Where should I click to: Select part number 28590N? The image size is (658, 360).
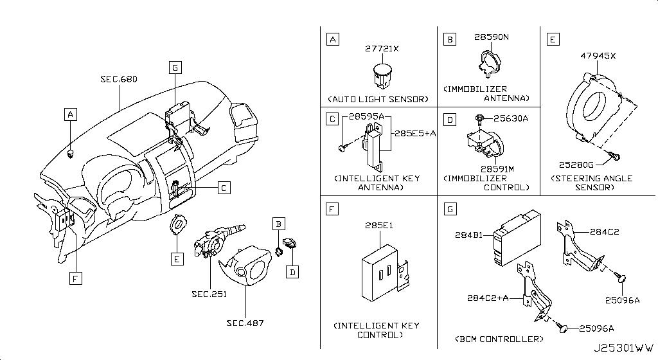[x=491, y=38]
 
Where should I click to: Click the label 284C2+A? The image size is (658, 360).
[x=489, y=298]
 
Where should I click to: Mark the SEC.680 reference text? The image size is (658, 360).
[x=119, y=80]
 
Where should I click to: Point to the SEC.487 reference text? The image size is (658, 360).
[x=245, y=323]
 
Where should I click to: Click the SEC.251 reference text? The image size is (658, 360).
[x=208, y=294]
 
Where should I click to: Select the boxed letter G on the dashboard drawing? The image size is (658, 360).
[x=175, y=66]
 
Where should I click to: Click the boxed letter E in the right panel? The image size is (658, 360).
[x=552, y=40]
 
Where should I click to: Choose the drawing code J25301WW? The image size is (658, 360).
[x=622, y=350]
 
